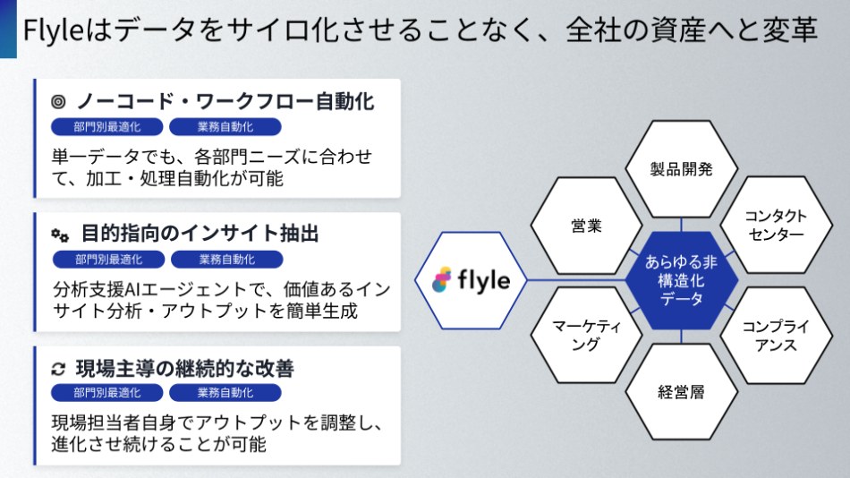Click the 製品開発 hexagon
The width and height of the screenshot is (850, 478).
point(681,168)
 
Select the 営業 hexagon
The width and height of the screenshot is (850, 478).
point(586,225)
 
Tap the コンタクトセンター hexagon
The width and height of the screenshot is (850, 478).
point(775,225)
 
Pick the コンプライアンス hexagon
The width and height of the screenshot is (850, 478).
point(775,336)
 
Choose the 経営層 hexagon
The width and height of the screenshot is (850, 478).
point(681,392)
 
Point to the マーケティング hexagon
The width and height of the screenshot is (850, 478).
point(586,336)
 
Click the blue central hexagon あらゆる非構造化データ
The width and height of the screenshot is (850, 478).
point(681,280)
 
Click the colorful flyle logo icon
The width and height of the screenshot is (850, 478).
point(442,280)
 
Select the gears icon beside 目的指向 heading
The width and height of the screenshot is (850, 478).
point(59,235)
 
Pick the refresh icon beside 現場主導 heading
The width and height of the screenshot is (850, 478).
point(59,368)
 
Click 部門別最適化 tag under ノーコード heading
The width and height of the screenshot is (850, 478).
point(107,127)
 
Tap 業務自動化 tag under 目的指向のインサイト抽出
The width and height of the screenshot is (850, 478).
point(225,260)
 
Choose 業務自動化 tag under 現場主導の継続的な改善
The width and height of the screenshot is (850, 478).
point(225,393)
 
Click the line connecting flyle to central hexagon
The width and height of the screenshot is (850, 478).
point(577,280)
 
